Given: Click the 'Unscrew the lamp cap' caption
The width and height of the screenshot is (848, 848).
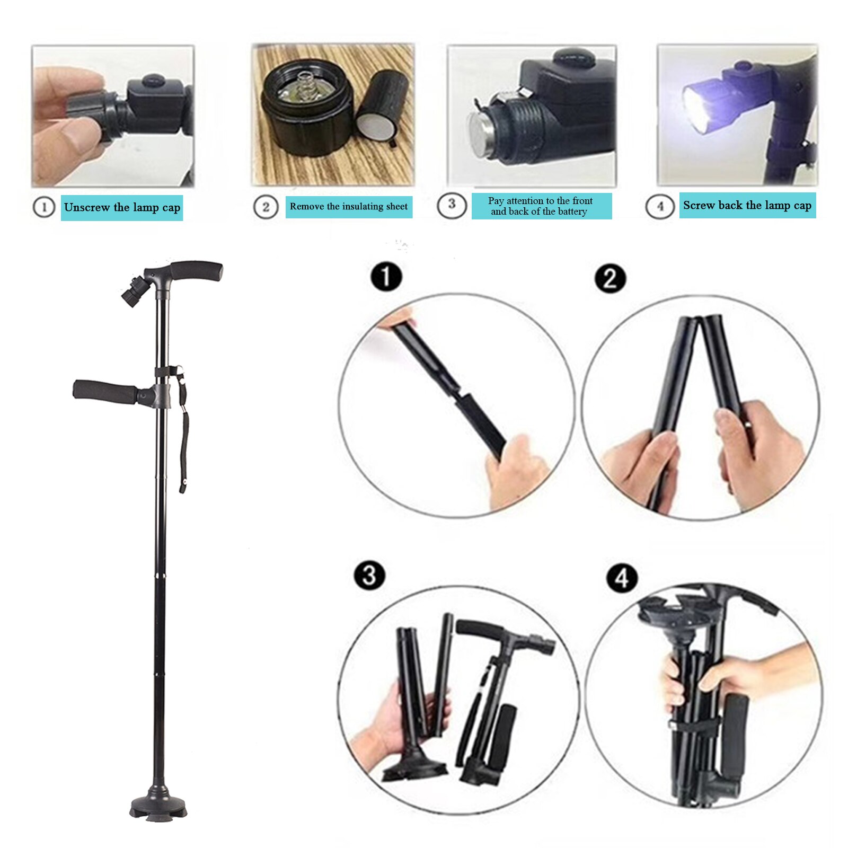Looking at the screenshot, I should pyautogui.click(x=122, y=207).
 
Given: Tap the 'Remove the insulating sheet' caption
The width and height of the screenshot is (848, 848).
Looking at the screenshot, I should pyautogui.click(x=349, y=207).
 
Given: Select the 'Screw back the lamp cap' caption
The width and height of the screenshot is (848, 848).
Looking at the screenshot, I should pyautogui.click(x=747, y=206).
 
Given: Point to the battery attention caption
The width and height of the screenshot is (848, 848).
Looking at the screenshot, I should pyautogui.click(x=541, y=206).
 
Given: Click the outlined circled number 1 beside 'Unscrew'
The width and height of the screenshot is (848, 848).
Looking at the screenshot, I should pyautogui.click(x=44, y=207).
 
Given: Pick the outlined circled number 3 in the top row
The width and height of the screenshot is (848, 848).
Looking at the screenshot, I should pyautogui.click(x=452, y=205).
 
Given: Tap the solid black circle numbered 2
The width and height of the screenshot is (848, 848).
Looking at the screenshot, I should pyautogui.click(x=610, y=279).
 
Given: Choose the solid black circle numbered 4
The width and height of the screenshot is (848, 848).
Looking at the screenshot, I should pyautogui.click(x=622, y=578).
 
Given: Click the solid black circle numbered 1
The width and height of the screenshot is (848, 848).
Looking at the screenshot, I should pyautogui.click(x=386, y=277).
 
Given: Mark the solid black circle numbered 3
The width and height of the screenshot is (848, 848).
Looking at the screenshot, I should pyautogui.click(x=369, y=576).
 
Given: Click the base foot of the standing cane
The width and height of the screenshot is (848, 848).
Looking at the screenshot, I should pyautogui.click(x=158, y=803).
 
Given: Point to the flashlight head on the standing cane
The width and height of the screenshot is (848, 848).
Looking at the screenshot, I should pyautogui.click(x=131, y=294).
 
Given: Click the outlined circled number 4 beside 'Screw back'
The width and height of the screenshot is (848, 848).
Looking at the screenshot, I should pyautogui.click(x=660, y=206).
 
